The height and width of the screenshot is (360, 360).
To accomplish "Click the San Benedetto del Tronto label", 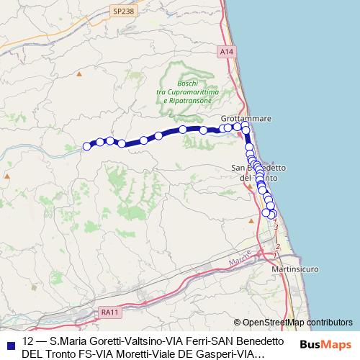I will [258, 173].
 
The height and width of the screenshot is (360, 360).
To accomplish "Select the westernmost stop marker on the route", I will [87, 146].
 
